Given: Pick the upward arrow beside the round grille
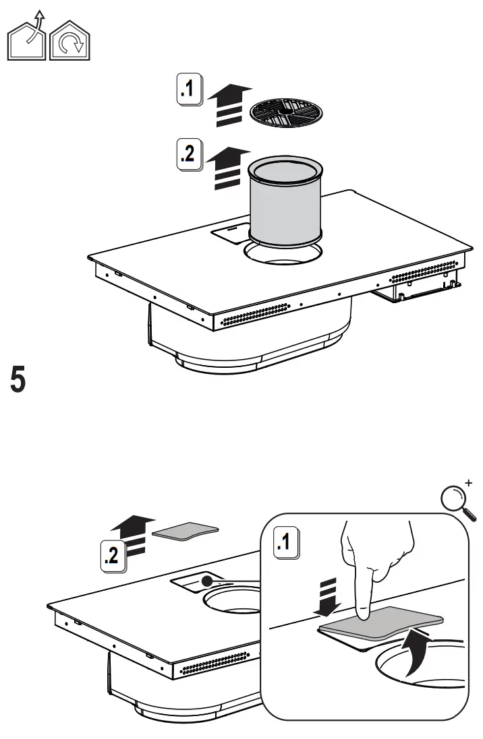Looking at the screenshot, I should pos(229,104).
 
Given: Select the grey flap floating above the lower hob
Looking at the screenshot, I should pos(186,531).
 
